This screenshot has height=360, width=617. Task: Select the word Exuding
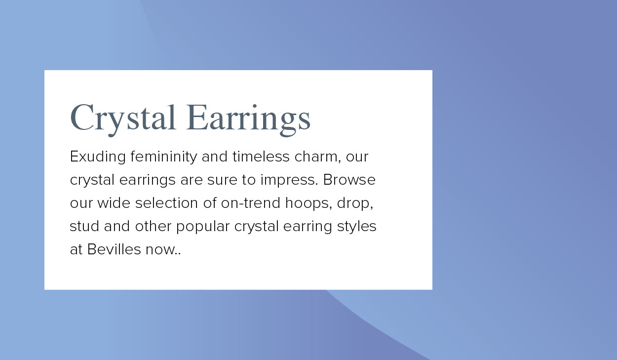coord(98,157)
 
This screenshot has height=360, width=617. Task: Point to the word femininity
coord(163,157)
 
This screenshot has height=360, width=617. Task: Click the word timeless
coord(261,156)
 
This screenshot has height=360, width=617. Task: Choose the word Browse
coord(349,180)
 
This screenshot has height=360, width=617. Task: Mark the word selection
coord(166,203)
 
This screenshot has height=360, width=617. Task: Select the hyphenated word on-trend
coord(250,203)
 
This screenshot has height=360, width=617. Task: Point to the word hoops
coord(308,203)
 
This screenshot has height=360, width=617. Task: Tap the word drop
coord(355,203)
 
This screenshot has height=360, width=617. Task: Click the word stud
coord(84,226)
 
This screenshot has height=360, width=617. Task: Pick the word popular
coord(203,227)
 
